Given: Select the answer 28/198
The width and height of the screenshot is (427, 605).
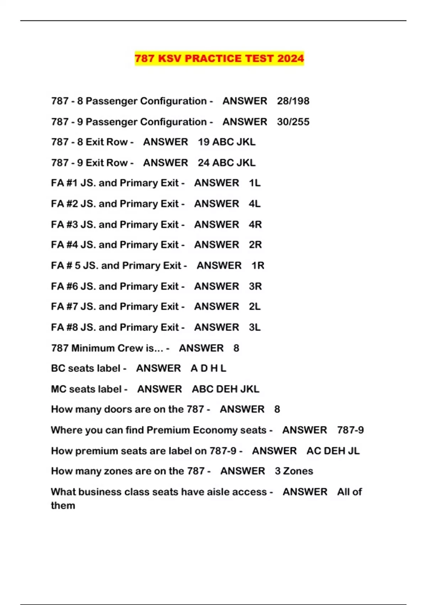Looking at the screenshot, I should tap(293, 101).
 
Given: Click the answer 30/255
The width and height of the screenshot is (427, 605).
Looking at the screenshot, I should tap(293, 122).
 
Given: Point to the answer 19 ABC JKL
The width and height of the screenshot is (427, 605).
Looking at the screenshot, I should tap(227, 142).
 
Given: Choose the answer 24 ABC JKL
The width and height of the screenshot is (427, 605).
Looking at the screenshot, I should tap(227, 163).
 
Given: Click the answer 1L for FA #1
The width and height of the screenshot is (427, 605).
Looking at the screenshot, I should tap(255, 183).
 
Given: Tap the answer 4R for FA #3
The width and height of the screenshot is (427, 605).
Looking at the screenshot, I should tap(255, 225).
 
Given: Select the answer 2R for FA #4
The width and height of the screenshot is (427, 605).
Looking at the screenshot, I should tap(255, 245).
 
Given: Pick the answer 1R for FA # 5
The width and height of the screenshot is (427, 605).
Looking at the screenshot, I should tap(258, 265).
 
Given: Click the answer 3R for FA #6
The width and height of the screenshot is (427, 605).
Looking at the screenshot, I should tap(255, 286).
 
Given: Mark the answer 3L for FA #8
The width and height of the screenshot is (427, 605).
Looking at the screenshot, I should tap(255, 327).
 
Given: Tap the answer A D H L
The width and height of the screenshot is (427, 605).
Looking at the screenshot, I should tap(208, 368).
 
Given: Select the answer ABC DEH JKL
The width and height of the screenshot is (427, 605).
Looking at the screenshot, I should tap(225, 389).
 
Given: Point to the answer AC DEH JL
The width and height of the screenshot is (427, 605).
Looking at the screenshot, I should tap(333, 451).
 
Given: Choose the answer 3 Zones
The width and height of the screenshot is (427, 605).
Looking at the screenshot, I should tap(294, 471).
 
